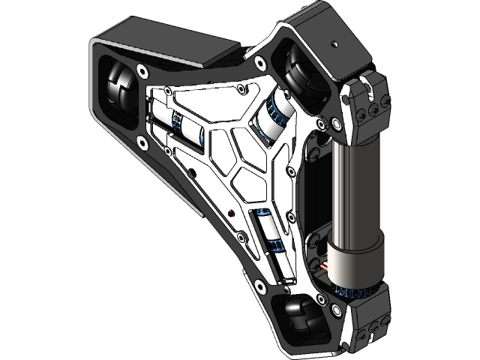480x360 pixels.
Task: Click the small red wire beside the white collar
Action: (326, 266)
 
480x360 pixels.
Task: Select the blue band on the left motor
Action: (177, 122)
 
